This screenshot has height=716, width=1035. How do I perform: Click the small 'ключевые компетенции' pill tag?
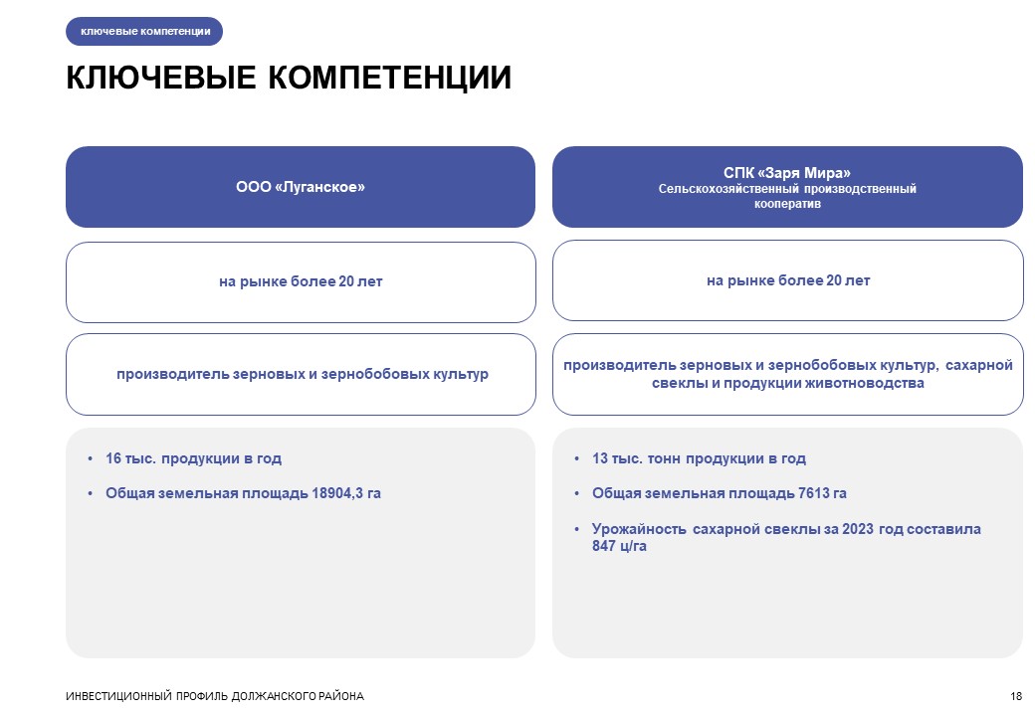144,31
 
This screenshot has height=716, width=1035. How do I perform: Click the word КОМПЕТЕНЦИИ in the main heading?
389,78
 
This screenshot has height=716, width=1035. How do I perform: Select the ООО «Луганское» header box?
301,187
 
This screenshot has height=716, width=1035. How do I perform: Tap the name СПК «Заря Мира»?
787,173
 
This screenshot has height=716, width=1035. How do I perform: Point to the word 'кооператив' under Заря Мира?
787,204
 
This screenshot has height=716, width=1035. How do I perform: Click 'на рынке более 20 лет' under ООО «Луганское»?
301,281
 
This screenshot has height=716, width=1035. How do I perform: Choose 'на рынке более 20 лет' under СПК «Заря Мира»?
788,280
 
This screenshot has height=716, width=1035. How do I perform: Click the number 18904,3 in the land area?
337,493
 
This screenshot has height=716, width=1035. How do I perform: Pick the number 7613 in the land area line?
813,493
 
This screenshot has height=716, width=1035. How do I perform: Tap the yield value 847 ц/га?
619,546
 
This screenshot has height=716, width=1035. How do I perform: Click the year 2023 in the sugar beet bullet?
858,529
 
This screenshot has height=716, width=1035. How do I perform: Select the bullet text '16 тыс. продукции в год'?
193,458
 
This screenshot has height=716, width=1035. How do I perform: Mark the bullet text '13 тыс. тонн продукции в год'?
699,458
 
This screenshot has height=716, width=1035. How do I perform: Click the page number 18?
1016,696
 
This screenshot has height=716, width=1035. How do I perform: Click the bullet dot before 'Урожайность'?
577,529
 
